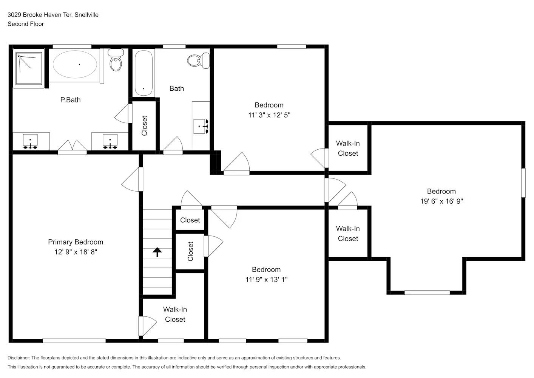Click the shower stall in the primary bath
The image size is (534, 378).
point(29,68)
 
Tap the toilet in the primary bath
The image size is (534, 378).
point(116,60)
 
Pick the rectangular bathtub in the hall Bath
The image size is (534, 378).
point(144,73)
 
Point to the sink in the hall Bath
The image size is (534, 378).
point(200,126)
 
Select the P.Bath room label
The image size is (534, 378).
point(70,100)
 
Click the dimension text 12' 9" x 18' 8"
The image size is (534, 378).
point(76,252)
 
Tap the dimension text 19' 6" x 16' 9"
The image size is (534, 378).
point(441,201)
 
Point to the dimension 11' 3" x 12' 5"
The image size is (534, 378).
point(269,115)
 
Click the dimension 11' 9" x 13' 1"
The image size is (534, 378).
point(266,280)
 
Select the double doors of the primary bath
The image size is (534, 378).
point(72,147)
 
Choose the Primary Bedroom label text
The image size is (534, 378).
point(76,242)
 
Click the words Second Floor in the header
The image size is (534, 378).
point(26,24)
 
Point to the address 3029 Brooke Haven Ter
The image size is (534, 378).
point(40,15)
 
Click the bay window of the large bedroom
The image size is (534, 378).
point(427,293)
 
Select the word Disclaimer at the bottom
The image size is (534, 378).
point(19,358)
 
